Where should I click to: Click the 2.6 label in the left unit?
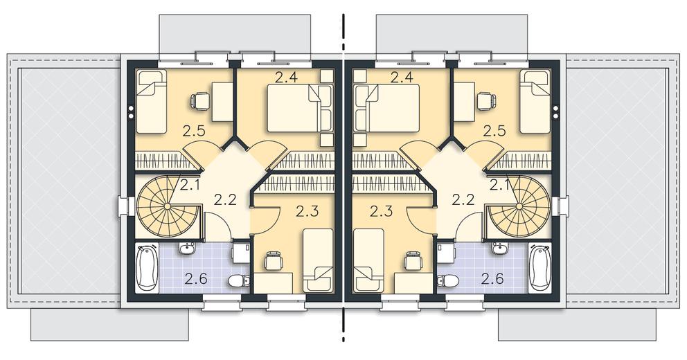196,279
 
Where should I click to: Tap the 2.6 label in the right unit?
492,279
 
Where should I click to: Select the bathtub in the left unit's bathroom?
146,268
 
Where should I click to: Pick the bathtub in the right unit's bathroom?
539,268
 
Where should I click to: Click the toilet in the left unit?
239,280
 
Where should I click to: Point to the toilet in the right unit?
448,280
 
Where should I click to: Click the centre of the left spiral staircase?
168,206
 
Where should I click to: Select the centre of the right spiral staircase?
519,206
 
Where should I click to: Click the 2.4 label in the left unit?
287,78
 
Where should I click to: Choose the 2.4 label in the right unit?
402,78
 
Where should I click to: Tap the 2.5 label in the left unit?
195,131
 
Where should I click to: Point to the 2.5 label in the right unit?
495,131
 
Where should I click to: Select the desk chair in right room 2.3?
413,261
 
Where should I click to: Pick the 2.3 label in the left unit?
307,212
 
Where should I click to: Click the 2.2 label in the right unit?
463,200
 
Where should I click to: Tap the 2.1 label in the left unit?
189,186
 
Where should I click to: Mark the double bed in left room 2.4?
300,108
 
